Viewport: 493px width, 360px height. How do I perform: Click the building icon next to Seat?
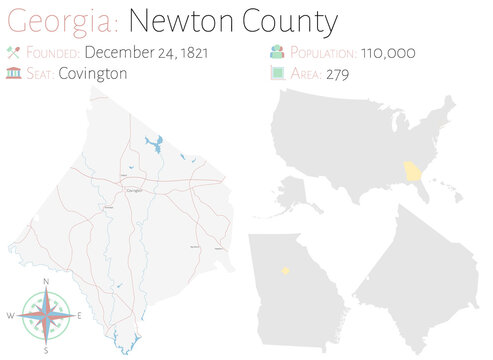coord(13,73)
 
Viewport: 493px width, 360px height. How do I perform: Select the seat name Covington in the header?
coord(92,73)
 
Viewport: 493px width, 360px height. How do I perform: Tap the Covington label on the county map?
coord(132,190)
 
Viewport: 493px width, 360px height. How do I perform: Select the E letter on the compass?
coord(80,316)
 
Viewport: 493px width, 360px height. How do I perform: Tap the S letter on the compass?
coord(46,350)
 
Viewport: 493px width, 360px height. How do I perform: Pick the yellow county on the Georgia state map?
coord(285,268)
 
